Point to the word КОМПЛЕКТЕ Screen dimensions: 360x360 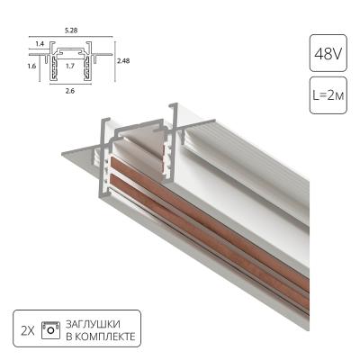pyautogui.click(x=112, y=337)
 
